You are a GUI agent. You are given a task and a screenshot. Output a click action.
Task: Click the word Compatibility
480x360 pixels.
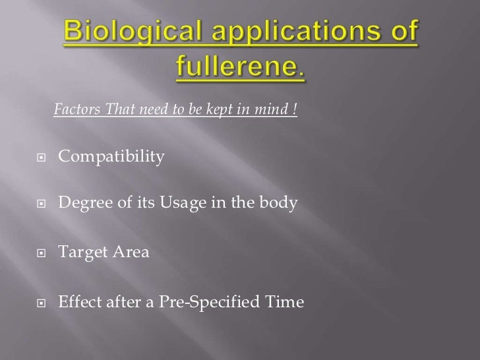111,158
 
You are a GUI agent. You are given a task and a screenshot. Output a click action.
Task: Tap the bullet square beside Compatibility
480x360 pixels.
42,158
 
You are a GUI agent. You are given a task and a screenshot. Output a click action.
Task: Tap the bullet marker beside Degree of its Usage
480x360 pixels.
42,206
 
